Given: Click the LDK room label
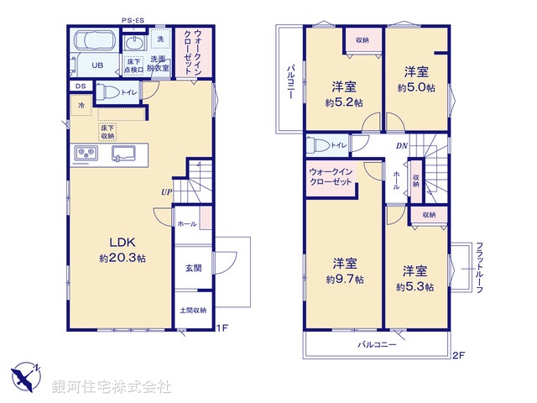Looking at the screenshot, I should pos(122,242).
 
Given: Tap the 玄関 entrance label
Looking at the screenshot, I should pos(193,268).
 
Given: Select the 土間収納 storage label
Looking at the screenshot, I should pos(193,310).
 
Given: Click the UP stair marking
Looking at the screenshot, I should pos(168,191).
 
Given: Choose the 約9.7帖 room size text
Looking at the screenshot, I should pos(344,279).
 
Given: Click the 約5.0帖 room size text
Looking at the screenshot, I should pos(416,87).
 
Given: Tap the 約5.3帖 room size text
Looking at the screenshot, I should pos(415,286).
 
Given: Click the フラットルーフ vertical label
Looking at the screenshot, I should pos(479,266).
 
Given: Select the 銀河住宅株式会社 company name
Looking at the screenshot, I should pos(112,387).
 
